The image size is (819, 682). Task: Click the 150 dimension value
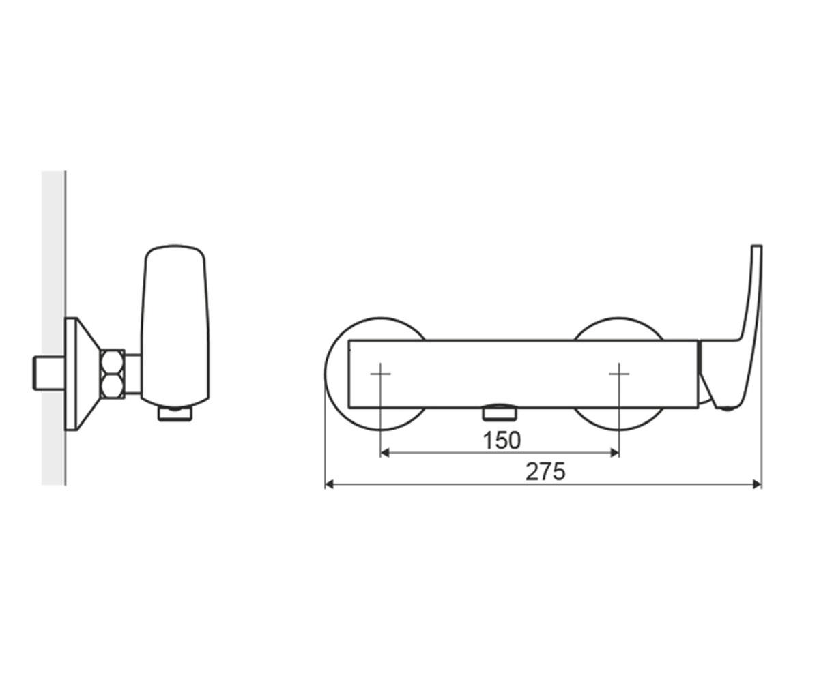[502, 441]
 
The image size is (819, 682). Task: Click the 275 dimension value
[545, 472]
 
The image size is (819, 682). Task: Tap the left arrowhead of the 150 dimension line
[384, 454]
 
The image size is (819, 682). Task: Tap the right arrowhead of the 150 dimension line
[616, 454]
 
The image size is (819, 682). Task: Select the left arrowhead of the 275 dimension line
[330, 485]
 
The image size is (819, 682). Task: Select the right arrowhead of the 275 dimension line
[758, 485]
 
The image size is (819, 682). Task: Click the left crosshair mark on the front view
[380, 374]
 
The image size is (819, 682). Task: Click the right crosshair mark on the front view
[619, 374]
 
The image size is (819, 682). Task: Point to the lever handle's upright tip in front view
[757, 246]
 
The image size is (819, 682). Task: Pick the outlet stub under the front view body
[500, 413]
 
